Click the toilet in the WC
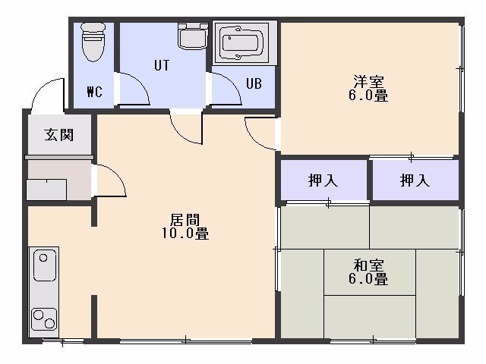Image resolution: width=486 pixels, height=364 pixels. point(93,41)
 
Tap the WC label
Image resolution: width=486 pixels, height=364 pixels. point(94,92)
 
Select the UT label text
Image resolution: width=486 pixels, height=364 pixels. point(162,66)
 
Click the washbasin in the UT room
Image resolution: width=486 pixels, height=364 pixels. point(193,36)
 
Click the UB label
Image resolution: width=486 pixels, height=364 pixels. point(254,83)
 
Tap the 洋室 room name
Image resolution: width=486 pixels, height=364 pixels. point(368,81)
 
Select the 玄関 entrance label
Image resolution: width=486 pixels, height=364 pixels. point(59,135)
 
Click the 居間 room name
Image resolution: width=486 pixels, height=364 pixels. point(185,220)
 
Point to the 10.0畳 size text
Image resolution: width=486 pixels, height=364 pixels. point(185,233)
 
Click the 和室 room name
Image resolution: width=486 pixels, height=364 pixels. point(368,265)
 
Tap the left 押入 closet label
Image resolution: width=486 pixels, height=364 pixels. point(323,180)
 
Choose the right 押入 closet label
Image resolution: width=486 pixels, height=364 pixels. point(415,180)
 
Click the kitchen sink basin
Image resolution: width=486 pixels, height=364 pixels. point(44,265)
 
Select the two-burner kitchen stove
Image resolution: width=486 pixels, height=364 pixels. point(44,319)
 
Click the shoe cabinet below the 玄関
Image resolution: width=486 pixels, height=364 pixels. point(46,190)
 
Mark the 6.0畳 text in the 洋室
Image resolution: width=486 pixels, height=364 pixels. point(368,96)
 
